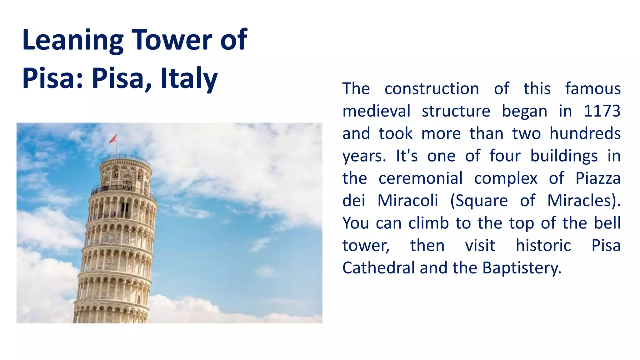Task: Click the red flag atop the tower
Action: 113,138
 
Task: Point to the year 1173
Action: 602,111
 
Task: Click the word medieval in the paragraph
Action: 376,111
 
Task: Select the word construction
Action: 432,89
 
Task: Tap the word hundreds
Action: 585,133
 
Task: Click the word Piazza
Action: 598,178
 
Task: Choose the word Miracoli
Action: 407,201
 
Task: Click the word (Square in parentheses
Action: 479,201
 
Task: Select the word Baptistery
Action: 522,268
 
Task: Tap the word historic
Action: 543,245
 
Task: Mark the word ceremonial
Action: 420,178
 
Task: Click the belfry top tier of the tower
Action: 125,175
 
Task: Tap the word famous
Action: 593,89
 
